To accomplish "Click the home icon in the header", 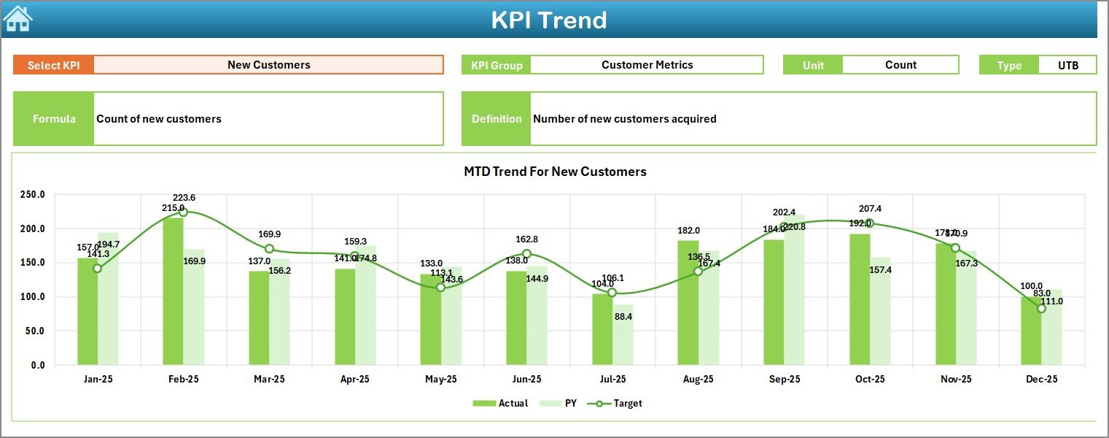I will pyautogui.click(x=18, y=18).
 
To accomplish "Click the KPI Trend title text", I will pyautogui.click(x=548, y=20).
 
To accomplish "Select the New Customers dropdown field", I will pyautogui.click(x=268, y=65).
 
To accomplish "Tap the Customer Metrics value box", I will pyautogui.click(x=647, y=65).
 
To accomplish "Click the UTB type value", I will pyautogui.click(x=1067, y=65).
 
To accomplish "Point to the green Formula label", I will pyautogui.click(x=54, y=119).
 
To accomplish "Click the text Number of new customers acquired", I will pyautogui.click(x=624, y=119).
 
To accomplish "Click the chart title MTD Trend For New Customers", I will pyautogui.click(x=555, y=172).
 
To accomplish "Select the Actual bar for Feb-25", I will pyautogui.click(x=173, y=292).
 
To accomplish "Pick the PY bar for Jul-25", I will pyautogui.click(x=623, y=335).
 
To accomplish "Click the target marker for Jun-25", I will pyautogui.click(x=526, y=254).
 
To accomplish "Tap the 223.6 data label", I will pyautogui.click(x=184, y=198).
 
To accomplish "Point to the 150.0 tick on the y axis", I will pyautogui.click(x=32, y=263).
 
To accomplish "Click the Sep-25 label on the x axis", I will pyautogui.click(x=784, y=380).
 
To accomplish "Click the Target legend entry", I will pyautogui.click(x=619, y=403).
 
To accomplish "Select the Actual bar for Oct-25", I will pyautogui.click(x=860, y=299).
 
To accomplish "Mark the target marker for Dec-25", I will pyautogui.click(x=1041, y=309).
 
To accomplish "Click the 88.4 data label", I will pyautogui.click(x=623, y=317).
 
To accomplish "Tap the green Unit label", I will pyautogui.click(x=813, y=65).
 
